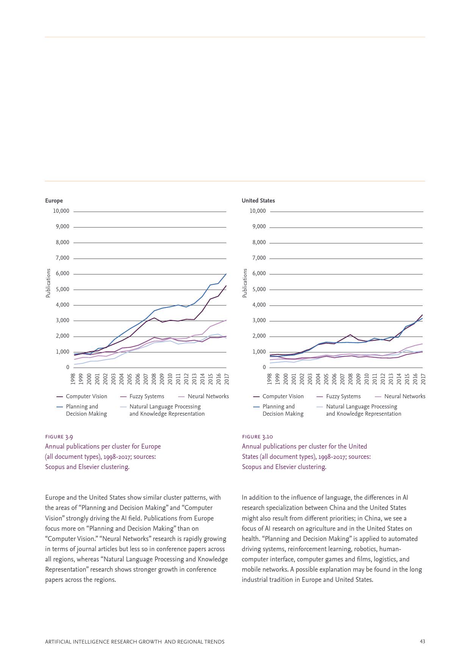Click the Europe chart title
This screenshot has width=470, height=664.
pos(54,201)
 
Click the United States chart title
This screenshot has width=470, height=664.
pos(258,201)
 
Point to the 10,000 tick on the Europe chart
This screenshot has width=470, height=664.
pos(61,211)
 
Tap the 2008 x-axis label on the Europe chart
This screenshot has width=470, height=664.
pos(154,379)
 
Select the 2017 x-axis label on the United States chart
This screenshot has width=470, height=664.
pos(423,379)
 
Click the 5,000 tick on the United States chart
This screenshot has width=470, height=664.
pos(259,289)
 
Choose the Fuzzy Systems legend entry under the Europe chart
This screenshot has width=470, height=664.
pos(146,396)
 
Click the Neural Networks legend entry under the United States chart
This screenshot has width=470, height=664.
pos(404,396)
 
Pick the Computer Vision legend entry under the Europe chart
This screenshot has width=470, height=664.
pos(86,396)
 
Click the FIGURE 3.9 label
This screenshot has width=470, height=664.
pos(59,436)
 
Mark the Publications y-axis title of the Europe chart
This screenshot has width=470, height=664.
pos(48,283)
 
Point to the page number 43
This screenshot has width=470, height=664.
pos(422,642)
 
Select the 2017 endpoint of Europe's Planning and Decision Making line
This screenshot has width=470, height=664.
pos(226,273)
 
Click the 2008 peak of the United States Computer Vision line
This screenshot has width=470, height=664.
pos(350,335)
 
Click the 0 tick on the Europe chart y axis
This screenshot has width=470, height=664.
pos(68,367)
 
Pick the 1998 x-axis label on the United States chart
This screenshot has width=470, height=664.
pos(269,379)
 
